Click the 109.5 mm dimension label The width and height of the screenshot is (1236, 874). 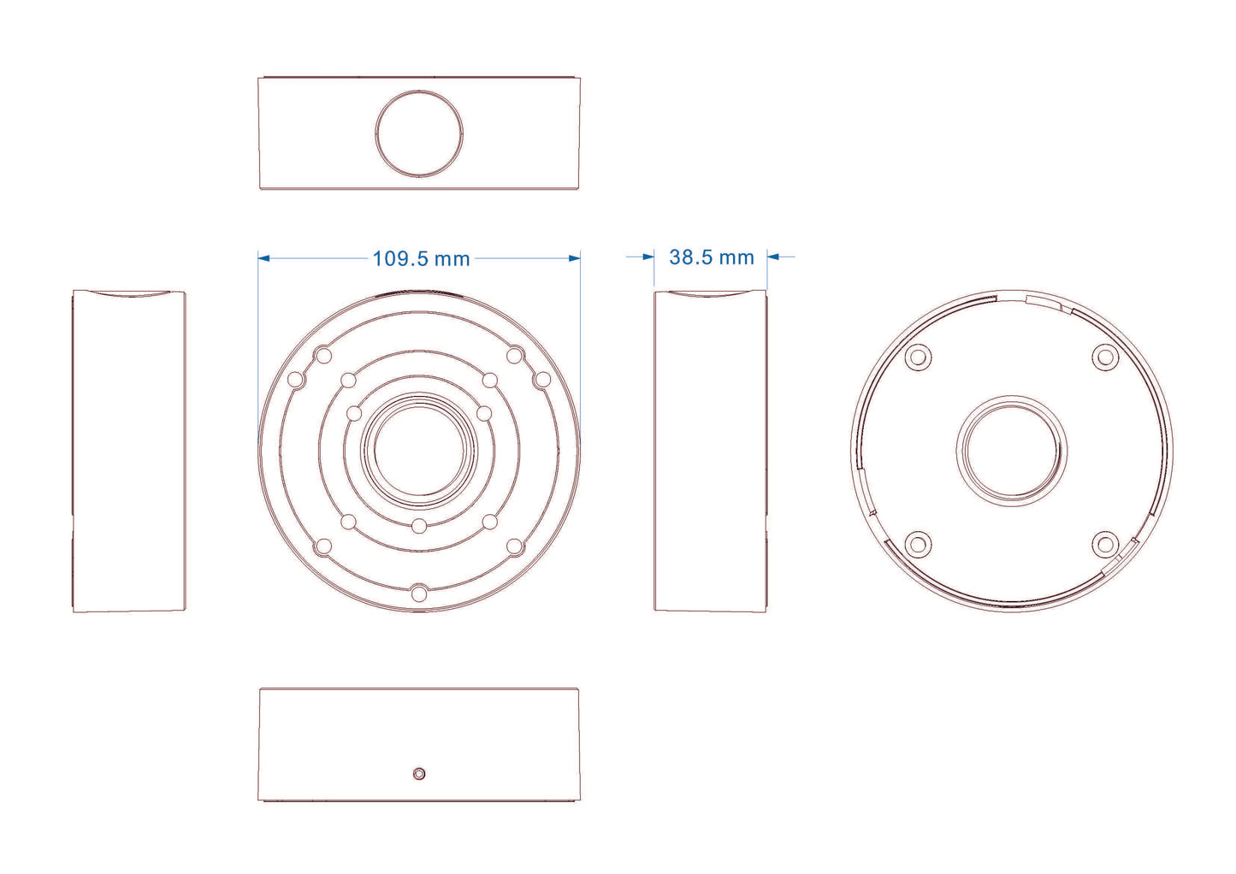[421, 259]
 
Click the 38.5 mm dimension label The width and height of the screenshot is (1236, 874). [712, 257]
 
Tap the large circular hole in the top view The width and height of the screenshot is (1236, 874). [419, 133]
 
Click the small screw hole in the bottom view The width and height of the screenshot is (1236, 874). [419, 774]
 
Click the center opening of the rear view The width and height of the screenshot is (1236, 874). [1011, 451]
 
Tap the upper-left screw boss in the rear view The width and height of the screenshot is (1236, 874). [918, 357]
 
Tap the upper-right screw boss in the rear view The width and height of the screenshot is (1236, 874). [1105, 357]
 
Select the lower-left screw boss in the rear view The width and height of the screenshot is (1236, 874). [918, 544]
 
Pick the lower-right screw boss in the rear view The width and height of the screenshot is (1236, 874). [1105, 544]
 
